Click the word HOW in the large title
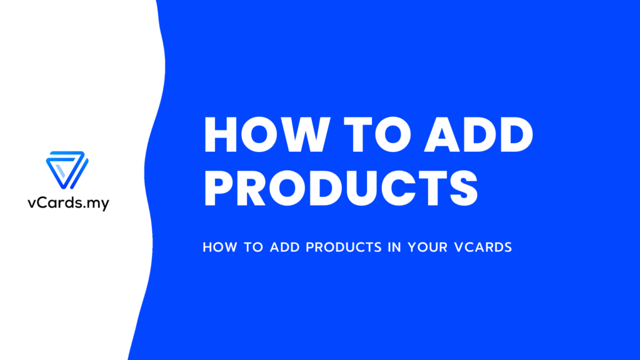[x=267, y=135]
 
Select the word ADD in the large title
[x=478, y=135]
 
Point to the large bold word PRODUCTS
[x=341, y=188]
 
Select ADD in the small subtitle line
[x=285, y=247]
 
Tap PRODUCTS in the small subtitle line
[x=344, y=247]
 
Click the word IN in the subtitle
[x=395, y=247]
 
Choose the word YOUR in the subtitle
[x=427, y=247]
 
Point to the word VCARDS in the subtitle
[x=483, y=247]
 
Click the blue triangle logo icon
[x=67, y=170]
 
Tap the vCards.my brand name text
[x=69, y=203]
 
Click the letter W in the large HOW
[x=302, y=135]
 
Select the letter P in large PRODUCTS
[x=219, y=188]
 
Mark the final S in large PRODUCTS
[x=464, y=188]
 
